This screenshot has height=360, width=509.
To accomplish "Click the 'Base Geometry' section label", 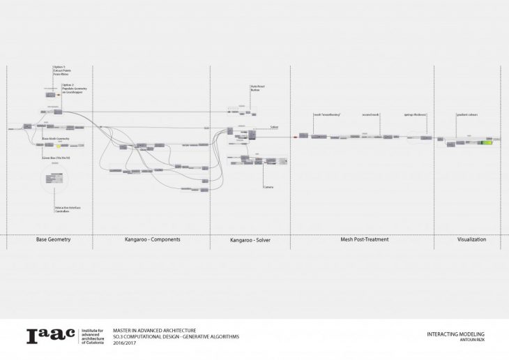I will tap(53, 239).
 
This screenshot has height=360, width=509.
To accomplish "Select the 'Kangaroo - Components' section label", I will tap(152, 239).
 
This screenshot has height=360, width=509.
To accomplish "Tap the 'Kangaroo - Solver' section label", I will tap(250, 241).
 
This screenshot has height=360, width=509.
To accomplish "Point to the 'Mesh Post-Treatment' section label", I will tap(364, 239).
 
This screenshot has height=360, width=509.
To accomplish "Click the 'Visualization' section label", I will tap(471, 239).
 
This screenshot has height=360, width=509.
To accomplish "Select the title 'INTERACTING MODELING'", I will tap(455, 334).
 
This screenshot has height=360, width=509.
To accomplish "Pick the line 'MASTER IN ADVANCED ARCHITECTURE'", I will tap(154, 330).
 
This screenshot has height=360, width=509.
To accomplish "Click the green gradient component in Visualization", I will tap(484, 142).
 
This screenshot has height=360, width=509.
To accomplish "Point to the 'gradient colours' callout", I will tap(466, 114).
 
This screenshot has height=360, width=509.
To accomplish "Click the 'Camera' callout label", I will tap(268, 187).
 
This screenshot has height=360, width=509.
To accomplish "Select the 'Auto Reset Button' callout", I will tap(258, 89).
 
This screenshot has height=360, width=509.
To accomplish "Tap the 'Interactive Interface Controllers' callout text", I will tap(67, 209).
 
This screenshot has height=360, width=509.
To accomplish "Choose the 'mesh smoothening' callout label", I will tap(326, 114).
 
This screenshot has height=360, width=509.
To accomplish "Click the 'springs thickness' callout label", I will tap(415, 114).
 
